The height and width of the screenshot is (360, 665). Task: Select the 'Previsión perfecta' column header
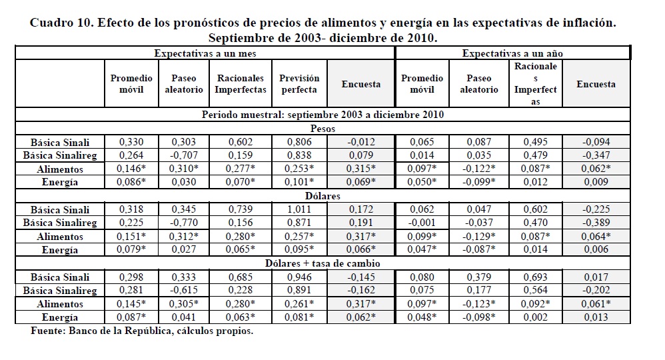point(299,84)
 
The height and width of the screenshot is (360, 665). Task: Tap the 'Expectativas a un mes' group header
point(205,53)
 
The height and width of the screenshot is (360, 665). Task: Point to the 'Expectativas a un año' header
point(512,53)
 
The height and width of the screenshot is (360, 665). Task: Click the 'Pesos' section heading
point(323,128)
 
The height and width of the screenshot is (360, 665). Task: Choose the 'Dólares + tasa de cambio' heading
point(323,263)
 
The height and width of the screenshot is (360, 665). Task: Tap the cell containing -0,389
point(595,223)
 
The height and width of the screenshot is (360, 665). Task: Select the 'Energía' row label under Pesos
point(60,182)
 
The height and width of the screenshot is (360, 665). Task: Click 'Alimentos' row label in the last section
point(60,304)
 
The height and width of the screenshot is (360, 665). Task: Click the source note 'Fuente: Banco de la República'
point(142,331)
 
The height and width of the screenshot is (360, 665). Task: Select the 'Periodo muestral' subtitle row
point(323,114)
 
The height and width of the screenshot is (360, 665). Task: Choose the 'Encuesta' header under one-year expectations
point(595,84)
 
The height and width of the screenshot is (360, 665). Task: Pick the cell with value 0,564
point(535,290)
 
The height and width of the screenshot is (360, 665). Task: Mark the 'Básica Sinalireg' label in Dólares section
point(60,223)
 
